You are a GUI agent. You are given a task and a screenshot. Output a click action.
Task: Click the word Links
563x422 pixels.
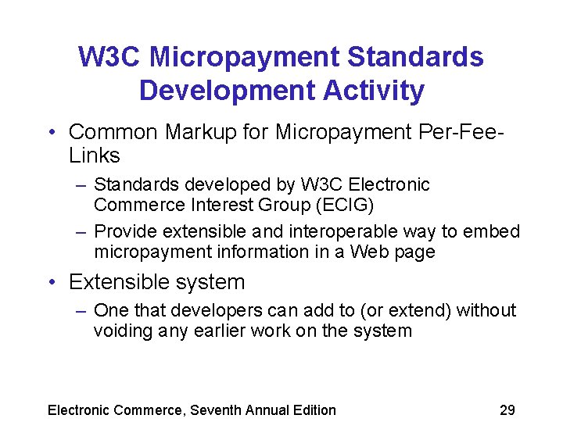pyautogui.click(x=95, y=156)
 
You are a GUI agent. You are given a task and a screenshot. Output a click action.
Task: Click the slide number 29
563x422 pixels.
pyautogui.click(x=507, y=410)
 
